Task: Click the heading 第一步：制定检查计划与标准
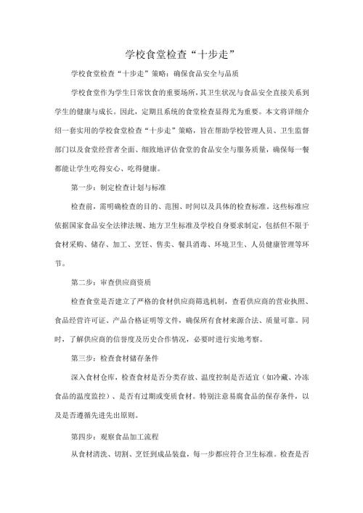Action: (x=117, y=186)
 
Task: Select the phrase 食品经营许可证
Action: (x=72, y=319)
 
